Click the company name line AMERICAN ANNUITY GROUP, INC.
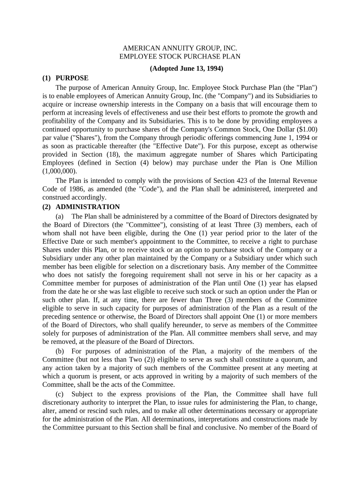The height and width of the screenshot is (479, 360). click(180, 48)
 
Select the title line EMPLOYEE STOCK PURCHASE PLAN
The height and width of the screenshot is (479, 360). click(180, 57)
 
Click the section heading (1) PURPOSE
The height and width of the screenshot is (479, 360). click(65, 78)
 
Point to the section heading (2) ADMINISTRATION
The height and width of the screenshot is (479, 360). click(81, 207)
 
